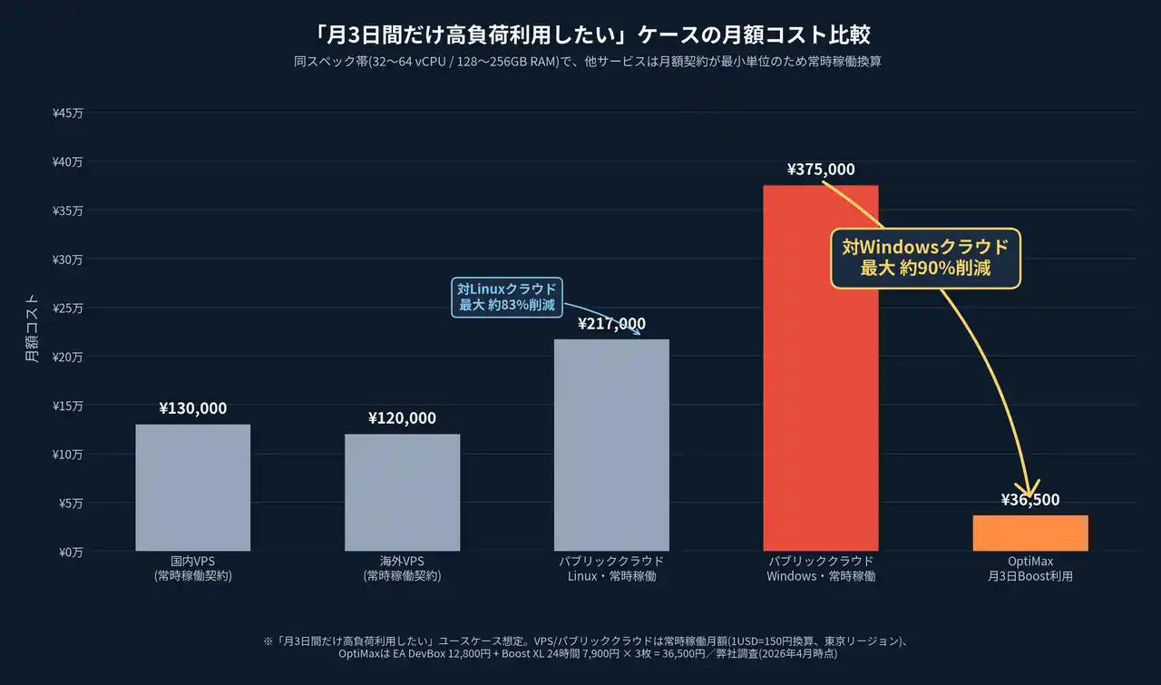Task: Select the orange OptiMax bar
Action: (1030, 533)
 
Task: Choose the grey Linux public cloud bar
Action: (611, 445)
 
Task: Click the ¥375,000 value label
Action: (821, 170)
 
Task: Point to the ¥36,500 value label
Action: (1030, 500)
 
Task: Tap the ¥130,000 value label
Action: (193, 408)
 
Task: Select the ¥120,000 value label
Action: (402, 418)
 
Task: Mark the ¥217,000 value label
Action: (611, 324)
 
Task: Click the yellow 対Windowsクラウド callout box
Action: (925, 258)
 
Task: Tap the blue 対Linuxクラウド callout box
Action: (506, 297)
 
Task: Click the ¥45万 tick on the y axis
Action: (68, 113)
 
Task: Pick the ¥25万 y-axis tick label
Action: (68, 308)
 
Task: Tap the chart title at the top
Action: (580, 35)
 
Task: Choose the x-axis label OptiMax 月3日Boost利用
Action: (1030, 568)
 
